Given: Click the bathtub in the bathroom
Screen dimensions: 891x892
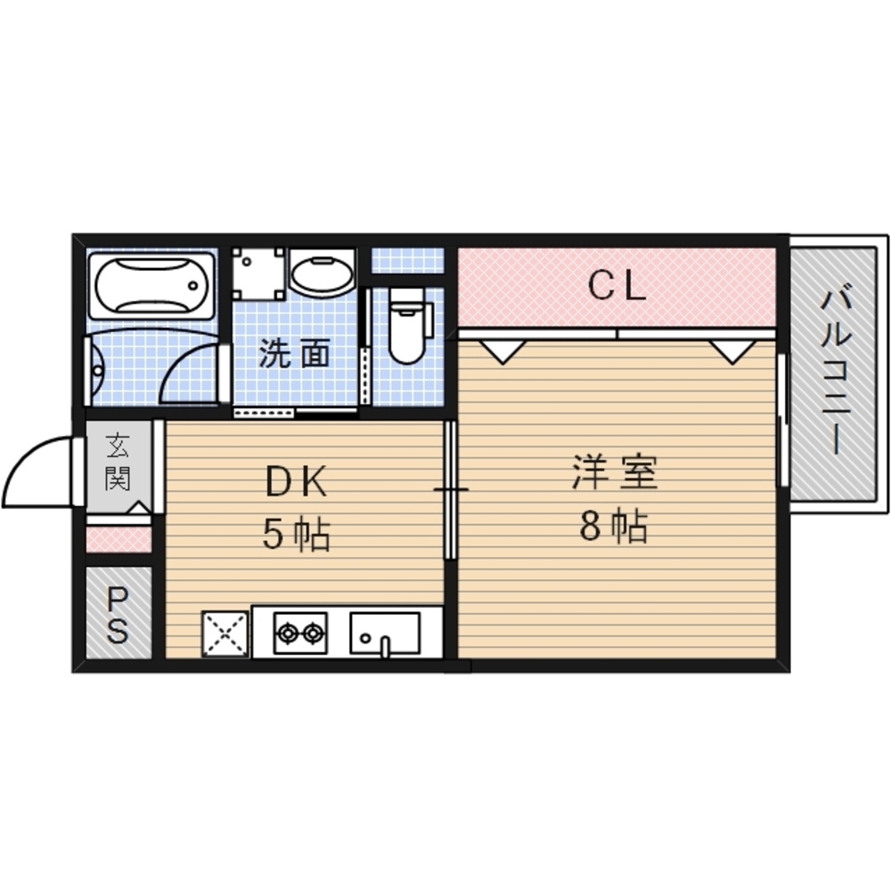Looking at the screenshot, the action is point(151,285).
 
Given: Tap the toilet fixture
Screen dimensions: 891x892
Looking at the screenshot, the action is point(407,325).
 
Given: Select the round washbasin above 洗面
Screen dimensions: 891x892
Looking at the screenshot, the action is point(322,272).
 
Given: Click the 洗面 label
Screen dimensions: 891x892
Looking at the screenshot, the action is point(294,353).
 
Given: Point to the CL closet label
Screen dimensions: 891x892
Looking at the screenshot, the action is point(617,285).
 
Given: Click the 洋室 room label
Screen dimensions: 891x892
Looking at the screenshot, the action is point(615,472).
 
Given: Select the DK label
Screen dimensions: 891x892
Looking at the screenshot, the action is point(296,482).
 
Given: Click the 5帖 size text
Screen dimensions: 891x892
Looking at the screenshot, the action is point(296,535).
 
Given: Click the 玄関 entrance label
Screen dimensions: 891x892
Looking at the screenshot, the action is point(118,462).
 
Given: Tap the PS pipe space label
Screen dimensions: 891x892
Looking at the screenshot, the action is point(118,614).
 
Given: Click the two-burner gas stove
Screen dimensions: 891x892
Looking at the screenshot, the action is point(300,633).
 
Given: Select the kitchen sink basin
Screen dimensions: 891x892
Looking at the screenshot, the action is point(385,633).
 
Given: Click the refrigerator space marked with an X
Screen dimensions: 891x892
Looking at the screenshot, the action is point(225,634).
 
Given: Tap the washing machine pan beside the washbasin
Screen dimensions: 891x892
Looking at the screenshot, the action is point(258,273).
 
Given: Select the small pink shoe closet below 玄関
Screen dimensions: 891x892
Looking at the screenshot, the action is point(119,539).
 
